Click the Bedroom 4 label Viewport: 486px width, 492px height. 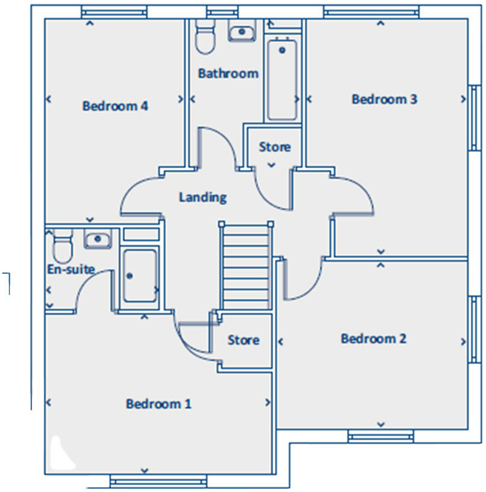click(115, 106)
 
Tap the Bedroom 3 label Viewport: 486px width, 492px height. click(384, 99)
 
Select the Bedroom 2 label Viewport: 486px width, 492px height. click(373, 339)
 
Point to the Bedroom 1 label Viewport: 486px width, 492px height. click(159, 403)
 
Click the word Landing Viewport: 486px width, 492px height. click(203, 197)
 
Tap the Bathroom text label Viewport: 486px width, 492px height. click(229, 74)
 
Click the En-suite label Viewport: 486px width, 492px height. click(71, 270)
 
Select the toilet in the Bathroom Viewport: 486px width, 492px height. click(205, 36)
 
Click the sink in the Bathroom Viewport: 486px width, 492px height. click(242, 31)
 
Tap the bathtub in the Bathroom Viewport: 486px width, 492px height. click(282, 80)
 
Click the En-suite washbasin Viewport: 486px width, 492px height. click(98, 239)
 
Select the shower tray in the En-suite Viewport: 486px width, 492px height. click(140, 276)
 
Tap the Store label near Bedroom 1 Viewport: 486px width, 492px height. click(244, 340)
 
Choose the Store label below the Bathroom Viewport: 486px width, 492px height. click(275, 147)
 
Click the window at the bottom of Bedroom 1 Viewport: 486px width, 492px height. click(159, 481)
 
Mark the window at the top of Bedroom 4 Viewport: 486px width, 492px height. click(114, 12)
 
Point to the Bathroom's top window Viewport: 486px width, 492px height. click(222, 12)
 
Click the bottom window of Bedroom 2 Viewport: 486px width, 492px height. click(380, 437)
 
